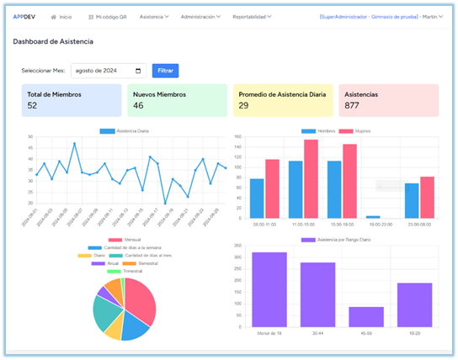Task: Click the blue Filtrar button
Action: (165, 71)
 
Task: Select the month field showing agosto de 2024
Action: (109, 71)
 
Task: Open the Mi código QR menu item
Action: (106, 16)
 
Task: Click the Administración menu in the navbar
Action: (200, 16)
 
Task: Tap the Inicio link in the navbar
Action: (61, 16)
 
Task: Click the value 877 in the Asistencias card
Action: (354, 106)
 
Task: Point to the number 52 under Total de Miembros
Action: (32, 106)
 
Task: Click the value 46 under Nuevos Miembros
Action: (138, 106)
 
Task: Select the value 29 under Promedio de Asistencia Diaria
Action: (243, 106)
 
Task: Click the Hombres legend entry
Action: (317, 131)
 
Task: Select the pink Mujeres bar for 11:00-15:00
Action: (311, 178)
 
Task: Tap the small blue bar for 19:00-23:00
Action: (373, 217)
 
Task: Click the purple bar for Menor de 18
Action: (269, 289)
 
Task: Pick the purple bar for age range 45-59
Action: (365, 316)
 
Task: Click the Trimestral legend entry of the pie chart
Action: (122, 271)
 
